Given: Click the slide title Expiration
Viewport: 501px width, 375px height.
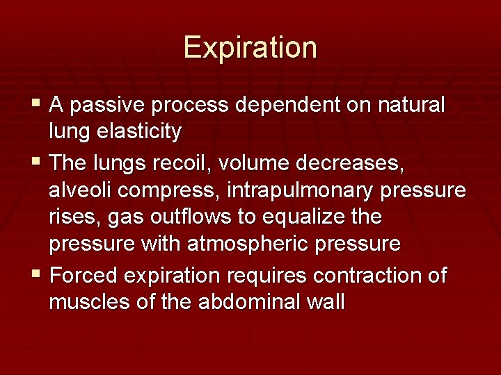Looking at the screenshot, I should [250, 48].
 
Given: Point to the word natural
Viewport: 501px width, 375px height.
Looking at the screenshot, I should [410, 106].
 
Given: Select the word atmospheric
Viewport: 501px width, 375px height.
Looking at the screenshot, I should [249, 244].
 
